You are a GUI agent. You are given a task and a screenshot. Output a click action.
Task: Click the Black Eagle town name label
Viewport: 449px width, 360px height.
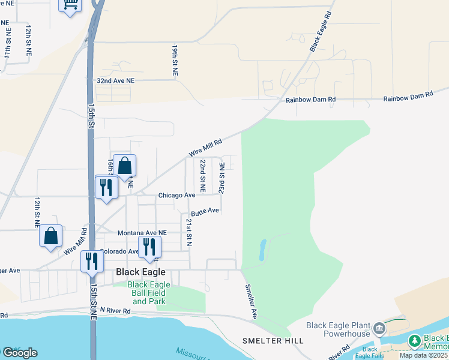[x=140, y=272]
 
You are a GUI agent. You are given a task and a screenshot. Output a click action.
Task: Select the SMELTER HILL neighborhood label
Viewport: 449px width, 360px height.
[x=273, y=341]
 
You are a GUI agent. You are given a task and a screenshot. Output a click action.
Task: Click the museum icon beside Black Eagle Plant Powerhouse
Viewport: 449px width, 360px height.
[x=379, y=328]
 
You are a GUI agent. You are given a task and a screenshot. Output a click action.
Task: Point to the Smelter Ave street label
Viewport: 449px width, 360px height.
[x=251, y=301]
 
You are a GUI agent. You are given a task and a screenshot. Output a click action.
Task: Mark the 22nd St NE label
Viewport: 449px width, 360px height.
[x=203, y=176]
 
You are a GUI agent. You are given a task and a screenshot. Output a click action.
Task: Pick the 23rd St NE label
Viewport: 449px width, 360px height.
[x=222, y=177]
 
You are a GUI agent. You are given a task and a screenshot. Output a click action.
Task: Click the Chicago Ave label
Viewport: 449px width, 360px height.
[x=177, y=195]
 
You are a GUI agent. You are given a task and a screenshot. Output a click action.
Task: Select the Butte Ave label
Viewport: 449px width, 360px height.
[x=205, y=212]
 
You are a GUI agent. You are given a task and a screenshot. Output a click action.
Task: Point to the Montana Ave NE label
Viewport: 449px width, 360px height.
[x=142, y=233]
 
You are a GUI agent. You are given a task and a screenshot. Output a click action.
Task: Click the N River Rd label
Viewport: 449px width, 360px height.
[x=115, y=310]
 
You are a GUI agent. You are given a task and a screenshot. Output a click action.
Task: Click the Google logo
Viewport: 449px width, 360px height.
[x=19, y=353]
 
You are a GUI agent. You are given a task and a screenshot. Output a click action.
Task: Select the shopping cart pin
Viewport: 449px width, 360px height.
[x=70, y=5]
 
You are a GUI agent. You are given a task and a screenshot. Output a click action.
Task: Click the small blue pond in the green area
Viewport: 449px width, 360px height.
[x=262, y=250]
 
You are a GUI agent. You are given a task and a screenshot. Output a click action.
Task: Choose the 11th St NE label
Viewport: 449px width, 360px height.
[x=7, y=43]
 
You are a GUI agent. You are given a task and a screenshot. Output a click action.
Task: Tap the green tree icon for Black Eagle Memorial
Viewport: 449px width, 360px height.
[x=414, y=341]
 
